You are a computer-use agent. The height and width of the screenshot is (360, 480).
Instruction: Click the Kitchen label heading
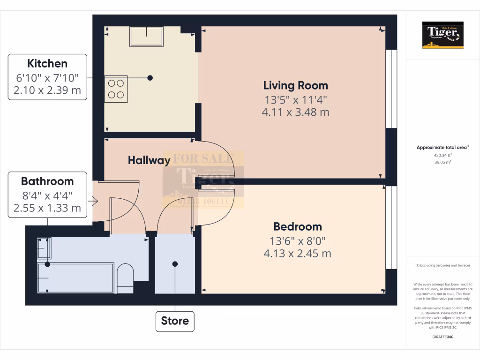47,63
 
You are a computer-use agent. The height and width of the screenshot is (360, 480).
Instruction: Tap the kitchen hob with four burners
116,88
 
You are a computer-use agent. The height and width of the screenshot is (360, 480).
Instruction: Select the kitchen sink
147,36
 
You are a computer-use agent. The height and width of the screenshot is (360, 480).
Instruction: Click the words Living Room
295,85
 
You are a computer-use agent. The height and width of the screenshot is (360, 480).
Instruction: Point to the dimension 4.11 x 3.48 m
295,112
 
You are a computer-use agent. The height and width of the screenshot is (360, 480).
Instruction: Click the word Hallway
149,160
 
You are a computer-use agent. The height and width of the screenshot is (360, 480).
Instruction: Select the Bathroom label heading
47,181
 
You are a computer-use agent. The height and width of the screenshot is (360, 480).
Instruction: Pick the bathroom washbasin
44,248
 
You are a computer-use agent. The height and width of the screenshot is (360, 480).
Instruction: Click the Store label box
175,321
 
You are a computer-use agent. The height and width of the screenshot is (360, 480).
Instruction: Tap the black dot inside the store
175,264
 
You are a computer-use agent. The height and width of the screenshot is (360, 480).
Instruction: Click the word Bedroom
298,226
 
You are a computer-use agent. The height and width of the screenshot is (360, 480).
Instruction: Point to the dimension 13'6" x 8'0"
298,241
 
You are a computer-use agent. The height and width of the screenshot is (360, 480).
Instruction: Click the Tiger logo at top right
442,35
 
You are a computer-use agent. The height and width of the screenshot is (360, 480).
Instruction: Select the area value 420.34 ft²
442,155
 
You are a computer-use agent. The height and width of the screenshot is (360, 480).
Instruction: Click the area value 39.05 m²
442,162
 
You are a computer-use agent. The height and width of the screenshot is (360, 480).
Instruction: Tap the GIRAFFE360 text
442,337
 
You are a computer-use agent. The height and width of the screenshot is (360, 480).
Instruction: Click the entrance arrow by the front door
94,202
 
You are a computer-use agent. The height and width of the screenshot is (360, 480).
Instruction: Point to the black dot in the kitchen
150,78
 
